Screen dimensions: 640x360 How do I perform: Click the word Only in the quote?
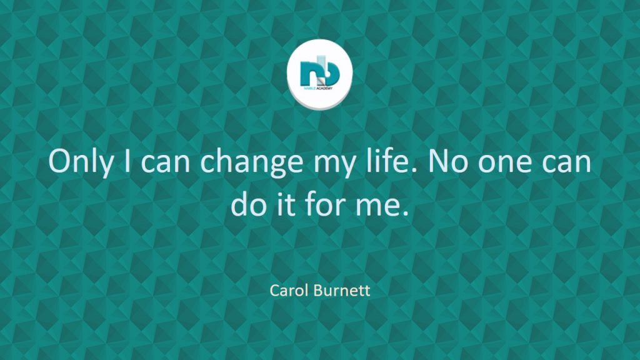81,162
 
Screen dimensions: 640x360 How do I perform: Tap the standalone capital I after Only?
127,161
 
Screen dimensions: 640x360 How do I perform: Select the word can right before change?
165,164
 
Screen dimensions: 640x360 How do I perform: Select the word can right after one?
567,164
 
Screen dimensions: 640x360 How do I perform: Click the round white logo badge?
319,74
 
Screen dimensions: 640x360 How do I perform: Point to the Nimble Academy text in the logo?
319,88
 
